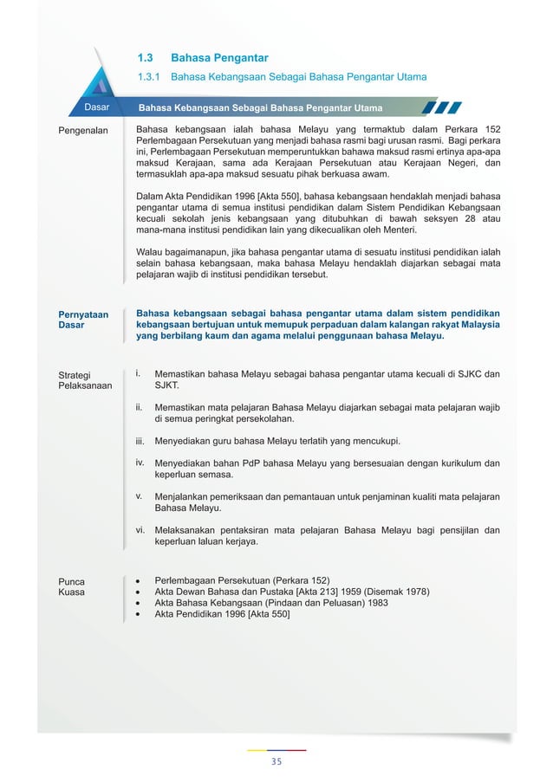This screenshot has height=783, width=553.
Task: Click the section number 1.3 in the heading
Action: pos(146,58)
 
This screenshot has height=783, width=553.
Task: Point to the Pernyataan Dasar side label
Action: pos(83,320)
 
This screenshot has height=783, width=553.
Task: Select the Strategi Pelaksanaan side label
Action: pos(84,380)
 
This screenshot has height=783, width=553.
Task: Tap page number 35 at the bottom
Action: pos(276,761)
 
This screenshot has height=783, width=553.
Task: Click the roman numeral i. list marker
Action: pos(139,373)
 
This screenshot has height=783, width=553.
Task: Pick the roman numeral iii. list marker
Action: pos(140,441)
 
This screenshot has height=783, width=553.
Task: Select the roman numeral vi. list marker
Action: pos(140,529)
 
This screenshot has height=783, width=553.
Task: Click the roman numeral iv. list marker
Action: pos(140,462)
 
